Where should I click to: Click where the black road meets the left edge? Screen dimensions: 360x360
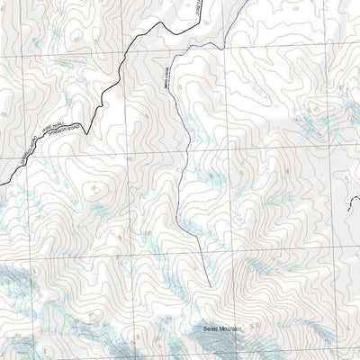pyautogui.click(x=1, y=185)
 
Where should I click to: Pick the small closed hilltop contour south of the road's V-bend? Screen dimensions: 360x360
pyautogui.click(x=94, y=189)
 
